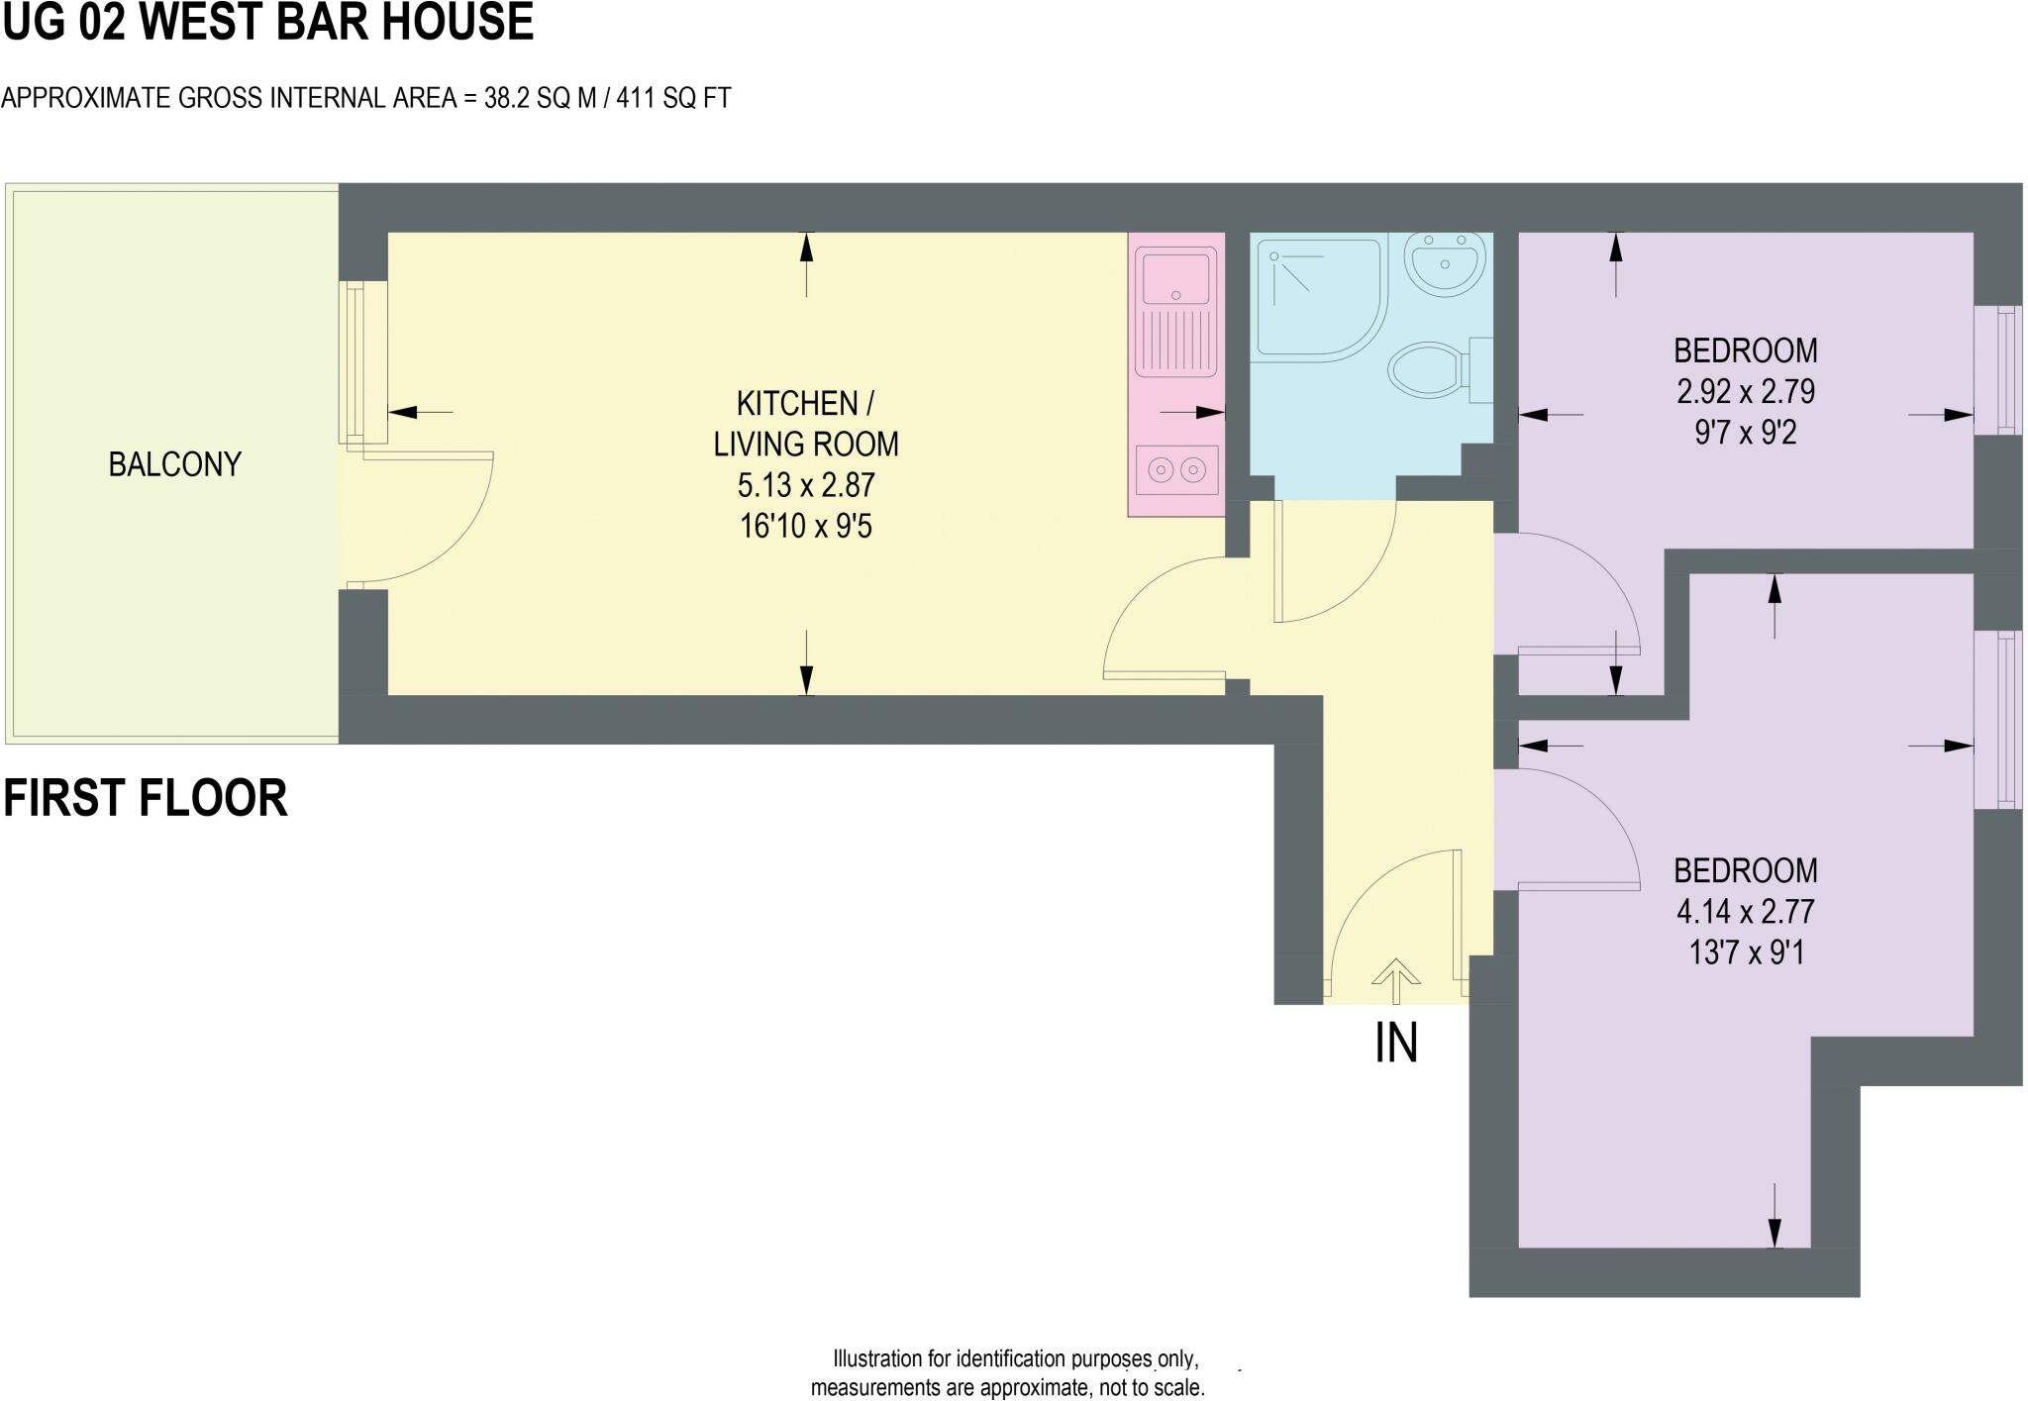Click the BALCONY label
174,464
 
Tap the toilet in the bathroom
1430,371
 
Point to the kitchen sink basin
1176,275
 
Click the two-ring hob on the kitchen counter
1176,468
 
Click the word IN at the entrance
1396,1043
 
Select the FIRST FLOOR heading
146,798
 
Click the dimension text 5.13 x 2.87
806,485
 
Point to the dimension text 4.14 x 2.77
1745,911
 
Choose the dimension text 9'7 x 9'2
1745,433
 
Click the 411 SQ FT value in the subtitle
673,98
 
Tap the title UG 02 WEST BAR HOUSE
267,22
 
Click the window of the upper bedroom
1997,370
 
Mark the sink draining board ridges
1176,342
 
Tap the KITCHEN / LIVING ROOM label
805,423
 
